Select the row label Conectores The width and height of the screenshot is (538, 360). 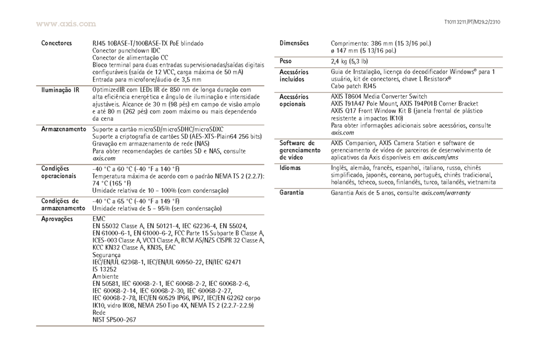click(57, 43)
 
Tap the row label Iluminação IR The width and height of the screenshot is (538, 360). click(60, 90)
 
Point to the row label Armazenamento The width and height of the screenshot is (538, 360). click(63, 129)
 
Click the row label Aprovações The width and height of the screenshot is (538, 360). click(59, 218)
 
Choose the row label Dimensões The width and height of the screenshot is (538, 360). click(294, 43)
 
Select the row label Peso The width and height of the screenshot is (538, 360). click(286, 61)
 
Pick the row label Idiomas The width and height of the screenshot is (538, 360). click(291, 168)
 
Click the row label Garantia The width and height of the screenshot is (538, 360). click(292, 193)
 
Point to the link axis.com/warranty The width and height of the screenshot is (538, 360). click(446, 193)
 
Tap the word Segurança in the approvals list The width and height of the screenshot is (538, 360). click(106, 255)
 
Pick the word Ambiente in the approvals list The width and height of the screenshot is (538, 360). click(106, 276)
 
